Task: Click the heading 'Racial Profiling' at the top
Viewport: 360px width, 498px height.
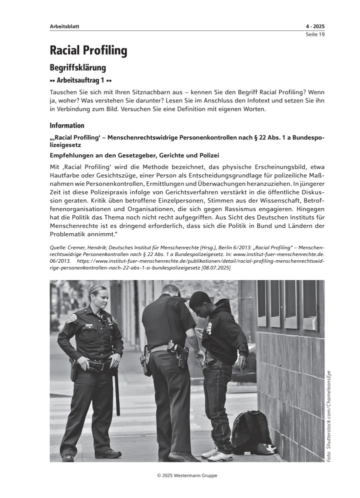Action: pos(88,50)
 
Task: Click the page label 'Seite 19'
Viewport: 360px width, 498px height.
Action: pos(315,34)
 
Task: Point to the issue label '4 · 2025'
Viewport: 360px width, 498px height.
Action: pos(315,26)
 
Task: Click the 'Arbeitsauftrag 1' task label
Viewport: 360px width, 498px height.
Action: pos(80,80)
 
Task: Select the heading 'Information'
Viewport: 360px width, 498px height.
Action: pos(67,126)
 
